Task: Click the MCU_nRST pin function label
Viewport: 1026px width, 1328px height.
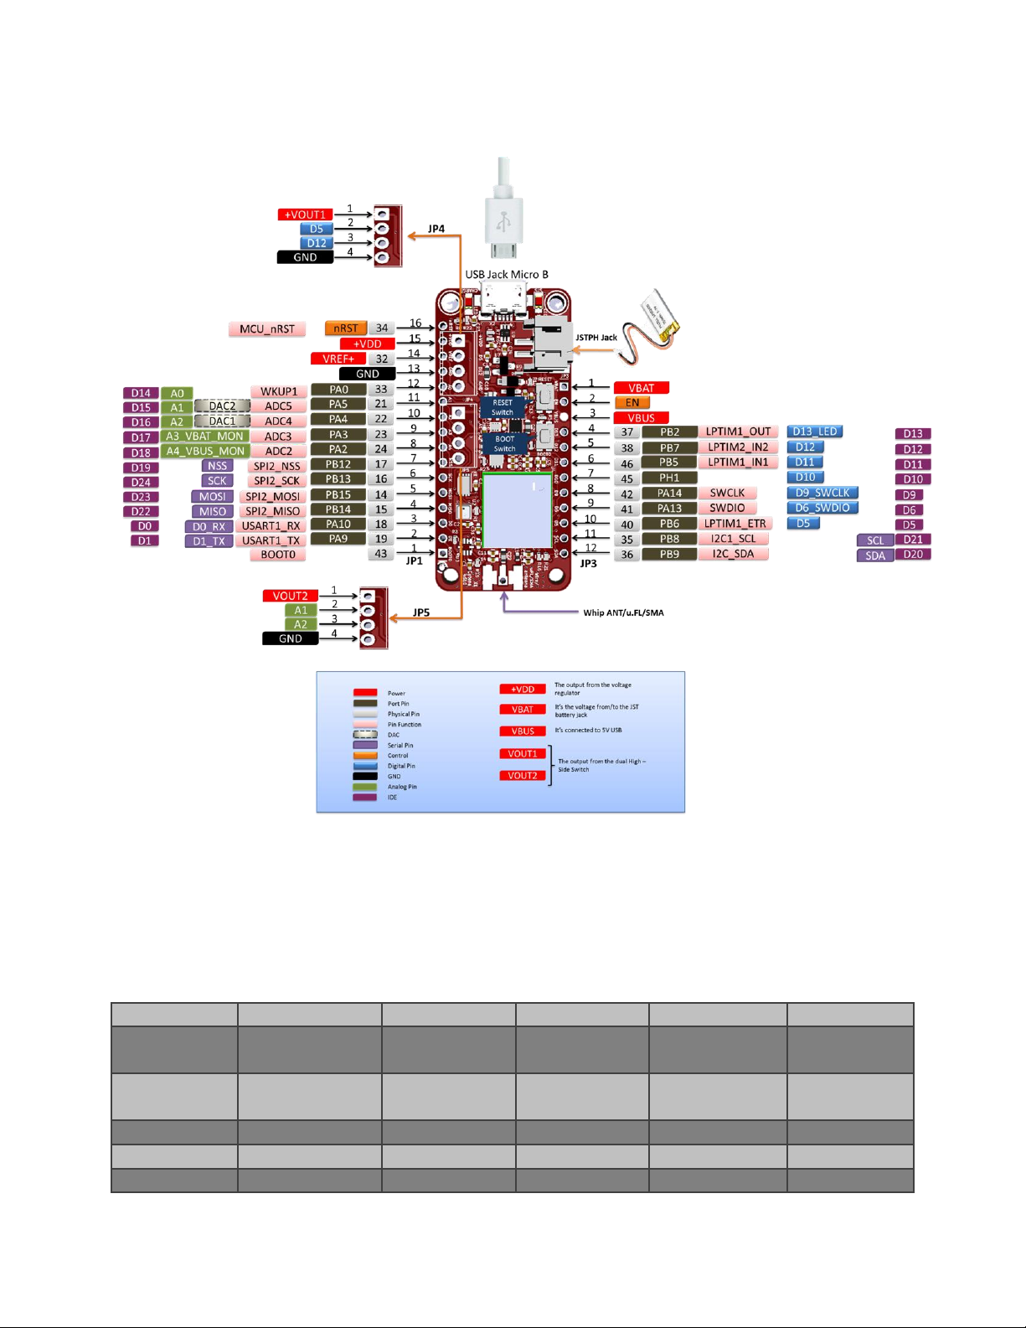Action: [267, 329]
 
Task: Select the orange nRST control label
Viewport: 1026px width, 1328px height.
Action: [345, 328]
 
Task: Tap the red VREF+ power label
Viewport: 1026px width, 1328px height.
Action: [338, 359]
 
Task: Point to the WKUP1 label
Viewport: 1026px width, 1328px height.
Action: [279, 391]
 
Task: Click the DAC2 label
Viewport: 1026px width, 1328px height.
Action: [222, 406]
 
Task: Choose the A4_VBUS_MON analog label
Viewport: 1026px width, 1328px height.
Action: [205, 452]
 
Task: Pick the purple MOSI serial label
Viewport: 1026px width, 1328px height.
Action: [212, 497]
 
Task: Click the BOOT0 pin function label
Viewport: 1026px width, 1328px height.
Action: [278, 555]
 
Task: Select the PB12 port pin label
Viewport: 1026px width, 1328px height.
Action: [338, 464]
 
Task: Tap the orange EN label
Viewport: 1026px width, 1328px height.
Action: [632, 403]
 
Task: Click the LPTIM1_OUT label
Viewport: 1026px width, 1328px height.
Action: [738, 431]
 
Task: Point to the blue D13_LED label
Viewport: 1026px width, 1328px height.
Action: [815, 431]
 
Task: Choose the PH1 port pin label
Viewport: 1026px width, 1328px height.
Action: [669, 478]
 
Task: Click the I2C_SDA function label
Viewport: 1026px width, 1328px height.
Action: [733, 554]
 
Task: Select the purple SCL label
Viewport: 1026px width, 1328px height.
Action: [875, 540]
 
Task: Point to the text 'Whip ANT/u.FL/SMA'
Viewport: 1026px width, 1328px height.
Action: [623, 612]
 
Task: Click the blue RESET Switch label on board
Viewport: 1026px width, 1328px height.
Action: [503, 407]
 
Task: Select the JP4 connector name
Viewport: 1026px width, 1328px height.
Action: [436, 229]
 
